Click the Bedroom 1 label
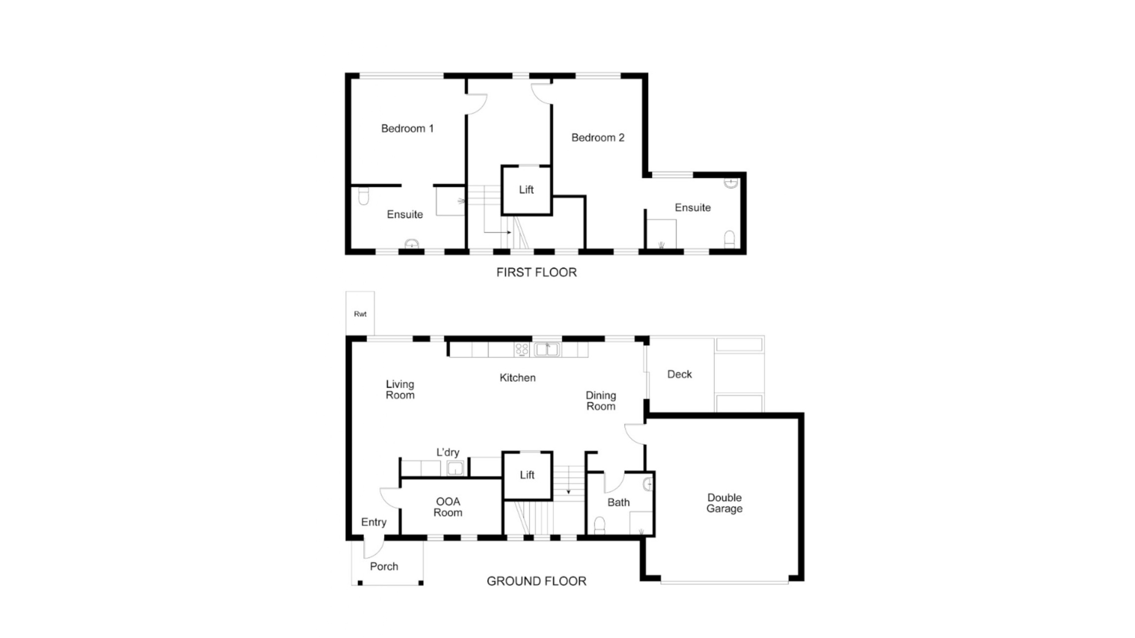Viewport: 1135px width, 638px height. pos(407,128)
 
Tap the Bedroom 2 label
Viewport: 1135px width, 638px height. pos(598,138)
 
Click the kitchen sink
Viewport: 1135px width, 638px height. pos(547,350)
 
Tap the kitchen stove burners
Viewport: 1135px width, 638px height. pos(521,350)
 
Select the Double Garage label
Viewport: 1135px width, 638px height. pos(724,503)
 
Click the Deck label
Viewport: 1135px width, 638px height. pos(679,375)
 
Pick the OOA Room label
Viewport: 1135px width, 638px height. pos(447,507)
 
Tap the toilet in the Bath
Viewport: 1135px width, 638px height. pos(599,525)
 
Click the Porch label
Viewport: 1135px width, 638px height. pos(384,567)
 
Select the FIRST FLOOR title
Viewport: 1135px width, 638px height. pos(536,272)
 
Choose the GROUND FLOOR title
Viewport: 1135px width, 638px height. pos(536,581)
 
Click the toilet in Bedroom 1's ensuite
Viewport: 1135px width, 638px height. pos(364,196)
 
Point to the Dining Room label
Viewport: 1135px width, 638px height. pos(601,401)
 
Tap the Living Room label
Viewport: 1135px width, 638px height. pos(400,390)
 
